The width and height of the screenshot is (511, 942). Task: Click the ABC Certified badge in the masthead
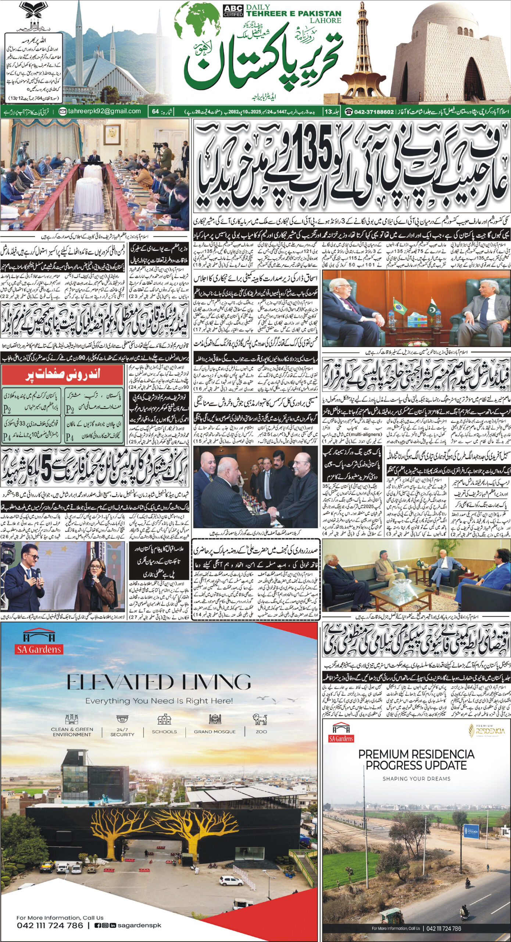point(233,11)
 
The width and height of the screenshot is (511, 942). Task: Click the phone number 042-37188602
point(374,111)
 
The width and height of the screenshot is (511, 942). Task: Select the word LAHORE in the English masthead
point(325,21)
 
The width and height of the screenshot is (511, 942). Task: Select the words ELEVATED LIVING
point(158,682)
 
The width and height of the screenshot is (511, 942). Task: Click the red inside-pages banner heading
point(62,375)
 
